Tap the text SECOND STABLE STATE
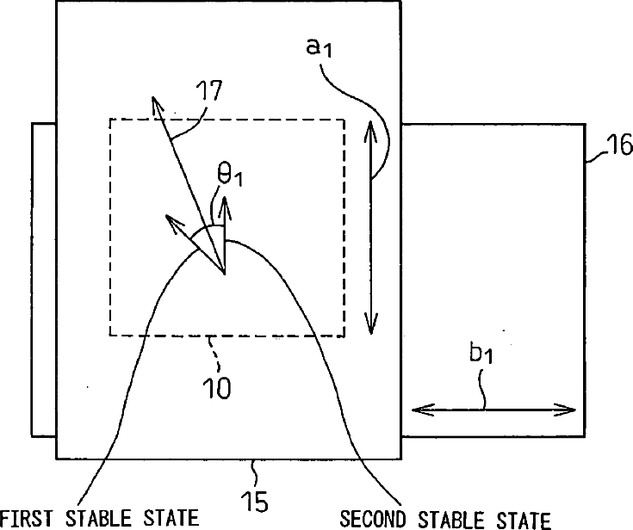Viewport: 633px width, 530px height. (444, 518)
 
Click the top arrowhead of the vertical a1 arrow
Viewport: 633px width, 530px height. (370, 125)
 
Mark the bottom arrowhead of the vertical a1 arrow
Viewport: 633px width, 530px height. (370, 330)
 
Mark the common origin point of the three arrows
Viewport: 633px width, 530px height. (224, 274)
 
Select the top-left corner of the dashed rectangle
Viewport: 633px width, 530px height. (109, 119)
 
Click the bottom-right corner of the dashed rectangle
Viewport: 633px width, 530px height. (344, 335)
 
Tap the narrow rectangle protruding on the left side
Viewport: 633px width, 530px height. (43, 280)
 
